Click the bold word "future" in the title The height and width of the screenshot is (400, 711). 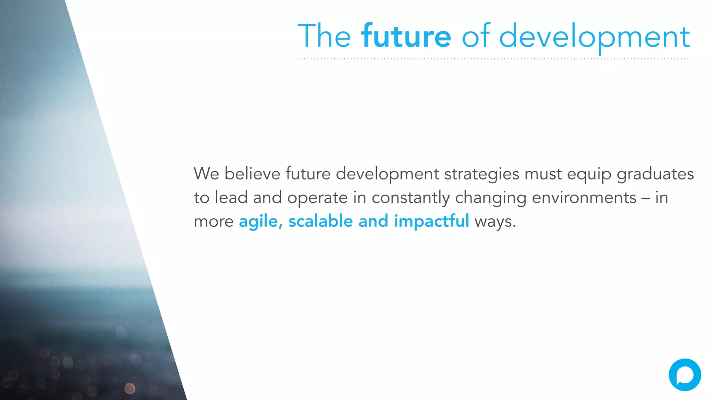pos(406,36)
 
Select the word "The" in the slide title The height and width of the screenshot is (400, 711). pos(324,36)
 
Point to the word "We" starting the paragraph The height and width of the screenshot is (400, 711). pos(206,174)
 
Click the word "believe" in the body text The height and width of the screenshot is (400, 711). pos(252,174)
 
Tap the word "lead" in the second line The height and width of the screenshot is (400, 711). pos(231,198)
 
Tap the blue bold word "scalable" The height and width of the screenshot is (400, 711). pos(320,221)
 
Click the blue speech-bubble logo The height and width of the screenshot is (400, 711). pos(685,375)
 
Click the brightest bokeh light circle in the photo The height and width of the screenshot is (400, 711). pos(130,388)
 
